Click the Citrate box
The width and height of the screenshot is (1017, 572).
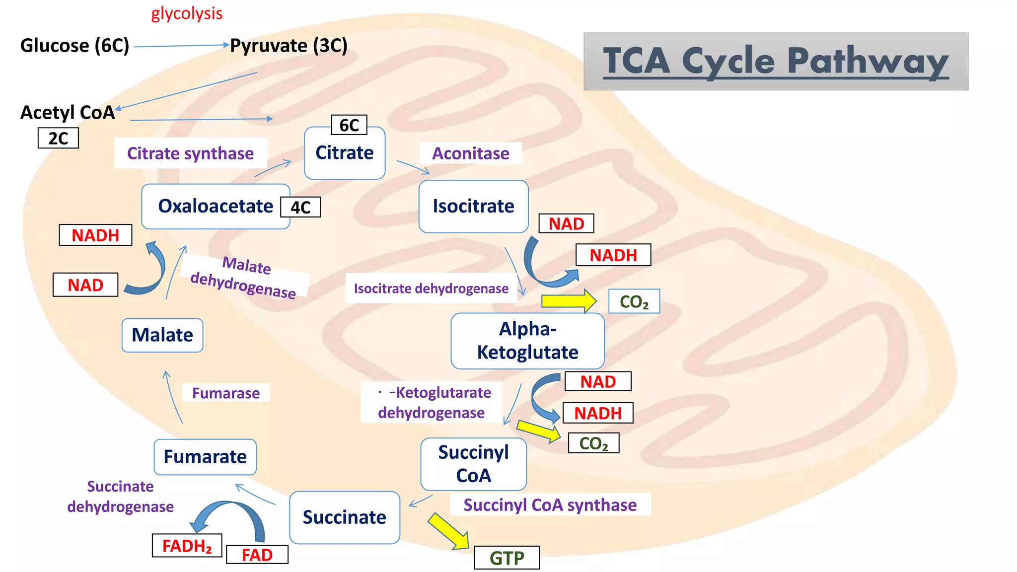click(x=345, y=153)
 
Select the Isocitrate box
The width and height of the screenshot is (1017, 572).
click(x=473, y=207)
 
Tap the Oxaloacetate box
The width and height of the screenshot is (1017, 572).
click(x=216, y=207)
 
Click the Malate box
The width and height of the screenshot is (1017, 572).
click(x=162, y=336)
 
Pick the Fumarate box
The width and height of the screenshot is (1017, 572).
click(x=205, y=457)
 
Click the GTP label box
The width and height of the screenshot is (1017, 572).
click(x=507, y=558)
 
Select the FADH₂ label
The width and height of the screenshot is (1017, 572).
click(x=187, y=546)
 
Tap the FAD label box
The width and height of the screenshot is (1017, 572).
click(x=257, y=555)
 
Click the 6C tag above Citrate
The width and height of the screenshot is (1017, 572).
click(x=349, y=125)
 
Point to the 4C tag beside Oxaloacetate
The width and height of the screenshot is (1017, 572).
click(x=300, y=207)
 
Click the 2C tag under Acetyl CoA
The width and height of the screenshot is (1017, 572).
click(x=58, y=139)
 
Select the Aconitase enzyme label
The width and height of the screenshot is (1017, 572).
click(x=470, y=153)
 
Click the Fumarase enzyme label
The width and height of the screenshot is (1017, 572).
click(x=226, y=393)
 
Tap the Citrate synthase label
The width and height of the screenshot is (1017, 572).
click(x=190, y=153)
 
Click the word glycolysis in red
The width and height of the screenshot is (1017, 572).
click(x=187, y=13)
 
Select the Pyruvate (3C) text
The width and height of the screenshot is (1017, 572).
click(x=289, y=46)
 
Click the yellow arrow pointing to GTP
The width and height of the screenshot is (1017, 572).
click(x=448, y=531)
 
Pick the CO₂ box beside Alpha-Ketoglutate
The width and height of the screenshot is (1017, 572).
click(x=634, y=301)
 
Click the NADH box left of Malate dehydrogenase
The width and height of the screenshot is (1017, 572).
click(x=95, y=235)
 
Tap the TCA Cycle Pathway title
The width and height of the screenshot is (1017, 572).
click(x=776, y=62)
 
